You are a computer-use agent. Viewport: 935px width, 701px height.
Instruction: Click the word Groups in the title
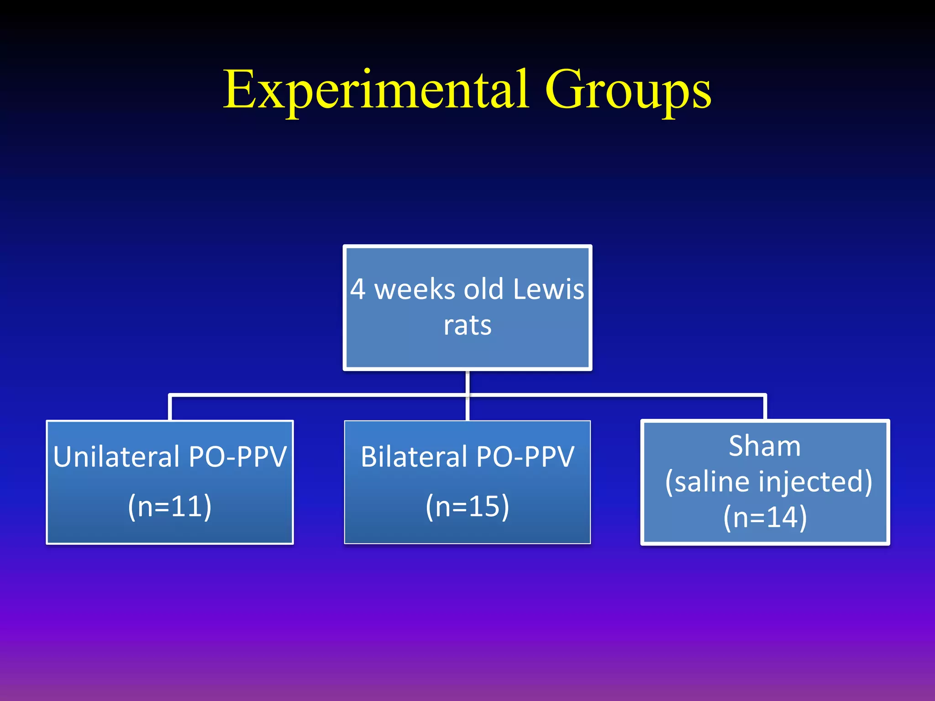627,91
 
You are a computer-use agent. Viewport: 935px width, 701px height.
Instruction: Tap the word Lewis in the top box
548,289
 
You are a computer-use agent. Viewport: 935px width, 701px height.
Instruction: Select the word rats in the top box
467,325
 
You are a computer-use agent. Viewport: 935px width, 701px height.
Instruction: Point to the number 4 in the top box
358,289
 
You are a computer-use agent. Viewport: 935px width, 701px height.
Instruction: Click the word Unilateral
116,456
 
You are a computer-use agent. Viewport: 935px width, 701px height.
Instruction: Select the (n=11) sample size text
170,506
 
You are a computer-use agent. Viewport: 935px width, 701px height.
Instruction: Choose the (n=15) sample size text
467,506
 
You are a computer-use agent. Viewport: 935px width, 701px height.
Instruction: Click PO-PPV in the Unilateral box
237,456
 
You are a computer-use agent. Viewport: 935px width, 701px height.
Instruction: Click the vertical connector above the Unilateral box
170,408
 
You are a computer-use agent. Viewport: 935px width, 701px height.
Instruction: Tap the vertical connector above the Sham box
765,408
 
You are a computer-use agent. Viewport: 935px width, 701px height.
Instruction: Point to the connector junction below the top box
467,395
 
